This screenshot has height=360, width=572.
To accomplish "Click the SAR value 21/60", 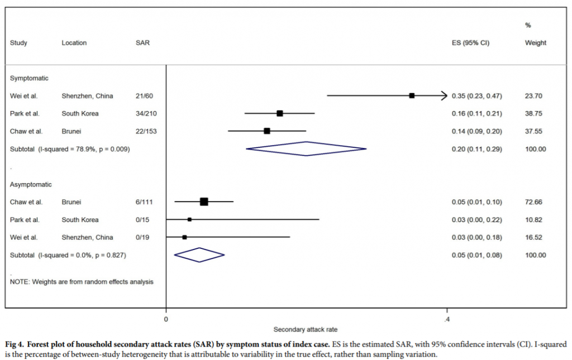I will point(144,96).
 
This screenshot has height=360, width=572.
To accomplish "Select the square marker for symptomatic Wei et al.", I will point(412,96).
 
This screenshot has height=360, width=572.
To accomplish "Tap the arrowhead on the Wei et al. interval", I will point(445,96).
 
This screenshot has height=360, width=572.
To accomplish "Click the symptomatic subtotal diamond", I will point(306,149).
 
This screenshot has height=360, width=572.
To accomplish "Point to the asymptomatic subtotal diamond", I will point(199,255).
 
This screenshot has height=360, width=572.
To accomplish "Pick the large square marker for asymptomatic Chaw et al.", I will point(204,201).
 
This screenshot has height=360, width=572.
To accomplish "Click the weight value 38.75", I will point(533,114).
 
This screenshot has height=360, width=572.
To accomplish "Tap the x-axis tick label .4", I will point(447,319).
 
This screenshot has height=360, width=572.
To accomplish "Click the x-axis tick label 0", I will point(166,319).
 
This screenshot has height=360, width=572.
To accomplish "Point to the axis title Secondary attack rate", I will point(305,329).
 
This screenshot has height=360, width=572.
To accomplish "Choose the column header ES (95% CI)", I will point(470,43).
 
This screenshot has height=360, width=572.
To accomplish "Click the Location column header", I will point(74,43).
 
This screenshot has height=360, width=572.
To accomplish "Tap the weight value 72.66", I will point(533,202).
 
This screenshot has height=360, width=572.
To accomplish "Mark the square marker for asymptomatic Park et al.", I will point(189,219).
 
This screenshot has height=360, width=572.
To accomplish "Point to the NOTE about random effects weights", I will point(82,282).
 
